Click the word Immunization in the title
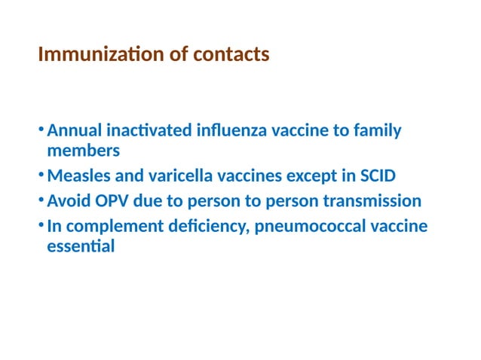[x=90, y=55]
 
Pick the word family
[x=377, y=131]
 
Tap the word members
[x=83, y=151]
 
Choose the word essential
[x=81, y=246]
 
